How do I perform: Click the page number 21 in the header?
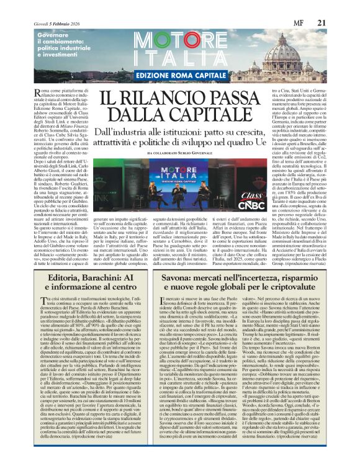pos(338,6)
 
